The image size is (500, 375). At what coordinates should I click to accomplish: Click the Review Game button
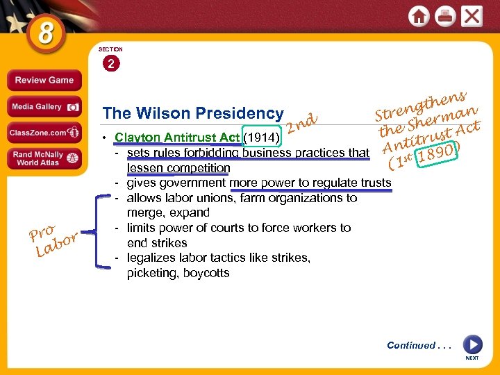coord(44,80)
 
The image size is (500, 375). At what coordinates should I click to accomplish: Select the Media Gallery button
coord(44,107)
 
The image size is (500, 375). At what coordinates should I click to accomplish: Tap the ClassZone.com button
coord(44,132)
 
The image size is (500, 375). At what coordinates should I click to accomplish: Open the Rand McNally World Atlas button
coord(44,158)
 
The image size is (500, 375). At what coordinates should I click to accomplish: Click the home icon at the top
coord(419,15)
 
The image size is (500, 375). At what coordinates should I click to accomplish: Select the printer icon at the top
coord(445,15)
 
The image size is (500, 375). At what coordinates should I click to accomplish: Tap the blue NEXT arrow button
coord(472,344)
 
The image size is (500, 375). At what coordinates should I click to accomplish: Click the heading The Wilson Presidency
coord(192,113)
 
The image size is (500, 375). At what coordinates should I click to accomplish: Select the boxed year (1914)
coord(262,137)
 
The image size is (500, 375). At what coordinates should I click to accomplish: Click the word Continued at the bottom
coord(410,345)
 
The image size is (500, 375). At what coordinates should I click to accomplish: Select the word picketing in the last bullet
coord(151,273)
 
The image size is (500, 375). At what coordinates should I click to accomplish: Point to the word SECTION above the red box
coord(110,49)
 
